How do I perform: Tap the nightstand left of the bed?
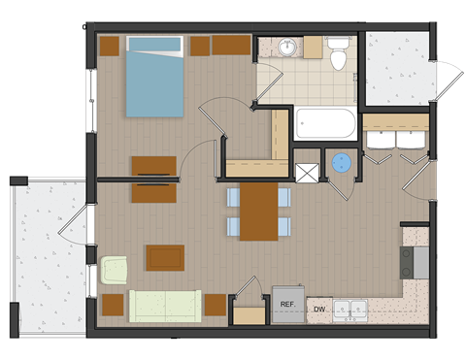(x=109, y=45)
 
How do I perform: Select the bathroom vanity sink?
(x=288, y=47)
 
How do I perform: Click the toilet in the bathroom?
(x=338, y=56)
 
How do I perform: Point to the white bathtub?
(x=325, y=124)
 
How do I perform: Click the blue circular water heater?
(x=341, y=163)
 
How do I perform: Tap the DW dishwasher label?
(x=318, y=310)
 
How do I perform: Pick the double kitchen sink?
(x=350, y=310)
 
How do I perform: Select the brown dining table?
(x=258, y=212)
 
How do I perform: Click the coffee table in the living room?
(x=164, y=257)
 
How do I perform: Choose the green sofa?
(x=166, y=305)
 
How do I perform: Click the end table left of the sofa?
(x=113, y=305)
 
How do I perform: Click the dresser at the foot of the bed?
(x=153, y=165)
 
